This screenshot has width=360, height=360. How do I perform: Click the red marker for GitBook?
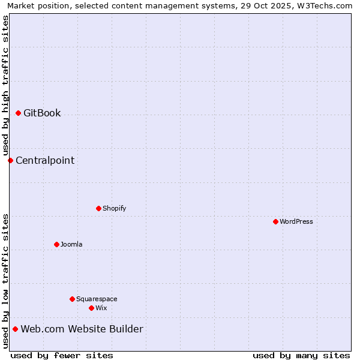(18, 113)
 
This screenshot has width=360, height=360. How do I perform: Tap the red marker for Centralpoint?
(10, 160)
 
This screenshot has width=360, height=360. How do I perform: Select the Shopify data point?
(98, 208)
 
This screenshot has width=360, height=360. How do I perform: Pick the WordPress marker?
(275, 221)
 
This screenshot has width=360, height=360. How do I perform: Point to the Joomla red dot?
(56, 244)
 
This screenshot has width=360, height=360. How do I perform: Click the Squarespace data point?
(72, 299)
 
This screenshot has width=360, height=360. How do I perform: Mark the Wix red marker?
(91, 308)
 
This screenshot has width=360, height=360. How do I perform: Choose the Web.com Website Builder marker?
(15, 329)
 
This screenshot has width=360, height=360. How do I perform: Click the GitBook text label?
(42, 113)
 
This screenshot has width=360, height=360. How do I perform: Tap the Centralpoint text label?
(45, 160)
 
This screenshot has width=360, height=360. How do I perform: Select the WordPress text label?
(296, 221)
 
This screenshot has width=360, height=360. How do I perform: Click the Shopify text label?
(115, 208)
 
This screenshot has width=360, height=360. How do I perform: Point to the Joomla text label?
(71, 244)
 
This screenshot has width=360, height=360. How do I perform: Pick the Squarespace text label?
(97, 299)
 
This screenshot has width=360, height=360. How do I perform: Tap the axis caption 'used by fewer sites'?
(62, 355)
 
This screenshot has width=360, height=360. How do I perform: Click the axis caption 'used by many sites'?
(301, 355)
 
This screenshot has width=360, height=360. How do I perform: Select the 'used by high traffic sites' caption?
(5, 85)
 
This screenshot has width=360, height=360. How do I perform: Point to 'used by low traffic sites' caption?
(5, 281)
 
